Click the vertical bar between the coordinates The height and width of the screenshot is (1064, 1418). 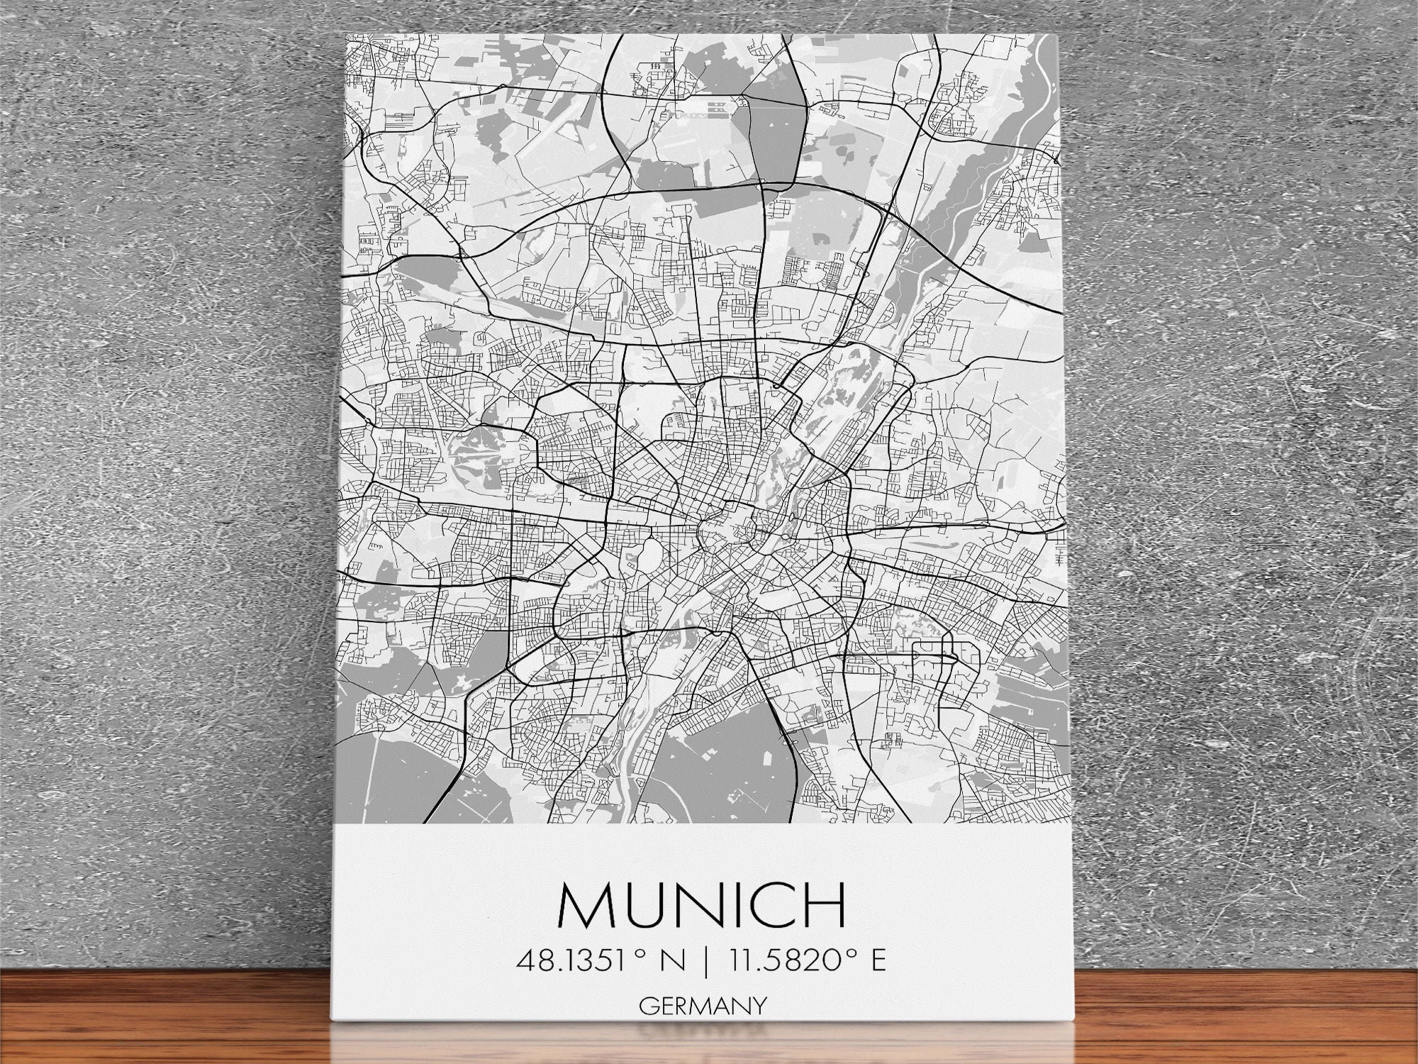[706, 961]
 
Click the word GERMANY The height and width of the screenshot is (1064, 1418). [703, 1006]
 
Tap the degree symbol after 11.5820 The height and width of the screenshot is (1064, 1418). [849, 954]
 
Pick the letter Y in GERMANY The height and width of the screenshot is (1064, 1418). [759, 1006]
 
